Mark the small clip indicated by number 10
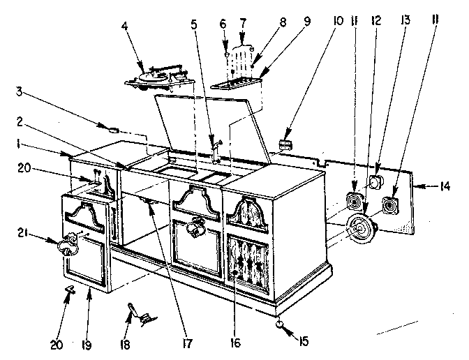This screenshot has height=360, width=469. [x=285, y=144]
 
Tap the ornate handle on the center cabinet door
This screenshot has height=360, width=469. [x=198, y=227]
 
